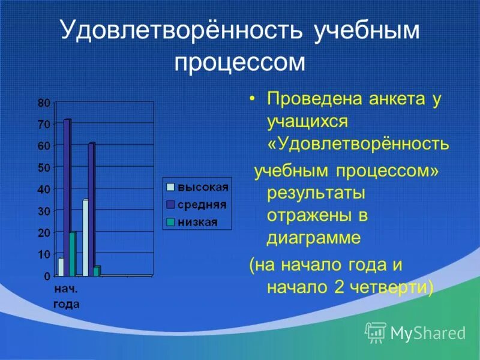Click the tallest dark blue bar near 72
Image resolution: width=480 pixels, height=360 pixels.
67,198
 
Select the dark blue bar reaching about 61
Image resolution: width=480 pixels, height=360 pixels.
91,210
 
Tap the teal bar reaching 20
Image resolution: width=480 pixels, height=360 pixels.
73,254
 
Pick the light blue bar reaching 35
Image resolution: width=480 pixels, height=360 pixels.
85,238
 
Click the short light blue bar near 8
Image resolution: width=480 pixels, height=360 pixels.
61,266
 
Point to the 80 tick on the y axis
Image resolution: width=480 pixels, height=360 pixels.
44,103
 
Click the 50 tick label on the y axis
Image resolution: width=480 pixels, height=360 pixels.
44,167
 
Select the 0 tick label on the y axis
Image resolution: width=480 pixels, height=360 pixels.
46,276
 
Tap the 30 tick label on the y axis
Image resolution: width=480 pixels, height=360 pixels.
44,211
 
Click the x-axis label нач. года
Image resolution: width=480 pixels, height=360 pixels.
66,296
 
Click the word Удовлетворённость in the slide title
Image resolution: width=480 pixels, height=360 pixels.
180,32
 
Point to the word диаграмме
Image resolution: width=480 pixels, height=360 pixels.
314,238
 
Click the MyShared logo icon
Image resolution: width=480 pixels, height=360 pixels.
376,332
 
